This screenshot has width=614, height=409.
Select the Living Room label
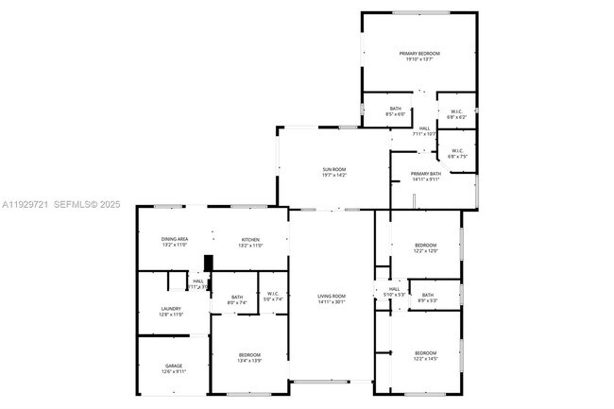[331, 298]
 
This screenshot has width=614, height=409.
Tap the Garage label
[174, 367]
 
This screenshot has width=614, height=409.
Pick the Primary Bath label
[425, 176]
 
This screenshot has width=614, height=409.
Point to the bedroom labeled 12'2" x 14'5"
[425, 355]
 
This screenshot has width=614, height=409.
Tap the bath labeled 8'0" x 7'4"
[237, 300]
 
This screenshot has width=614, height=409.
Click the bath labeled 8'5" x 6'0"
[395, 111]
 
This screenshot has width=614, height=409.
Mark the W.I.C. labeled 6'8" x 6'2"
[455, 113]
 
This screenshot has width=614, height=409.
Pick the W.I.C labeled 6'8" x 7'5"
[456, 153]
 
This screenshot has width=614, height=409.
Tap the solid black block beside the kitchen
[208, 264]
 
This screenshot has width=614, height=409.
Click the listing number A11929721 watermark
[25, 203]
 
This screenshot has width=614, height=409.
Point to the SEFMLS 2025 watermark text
[88, 203]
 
